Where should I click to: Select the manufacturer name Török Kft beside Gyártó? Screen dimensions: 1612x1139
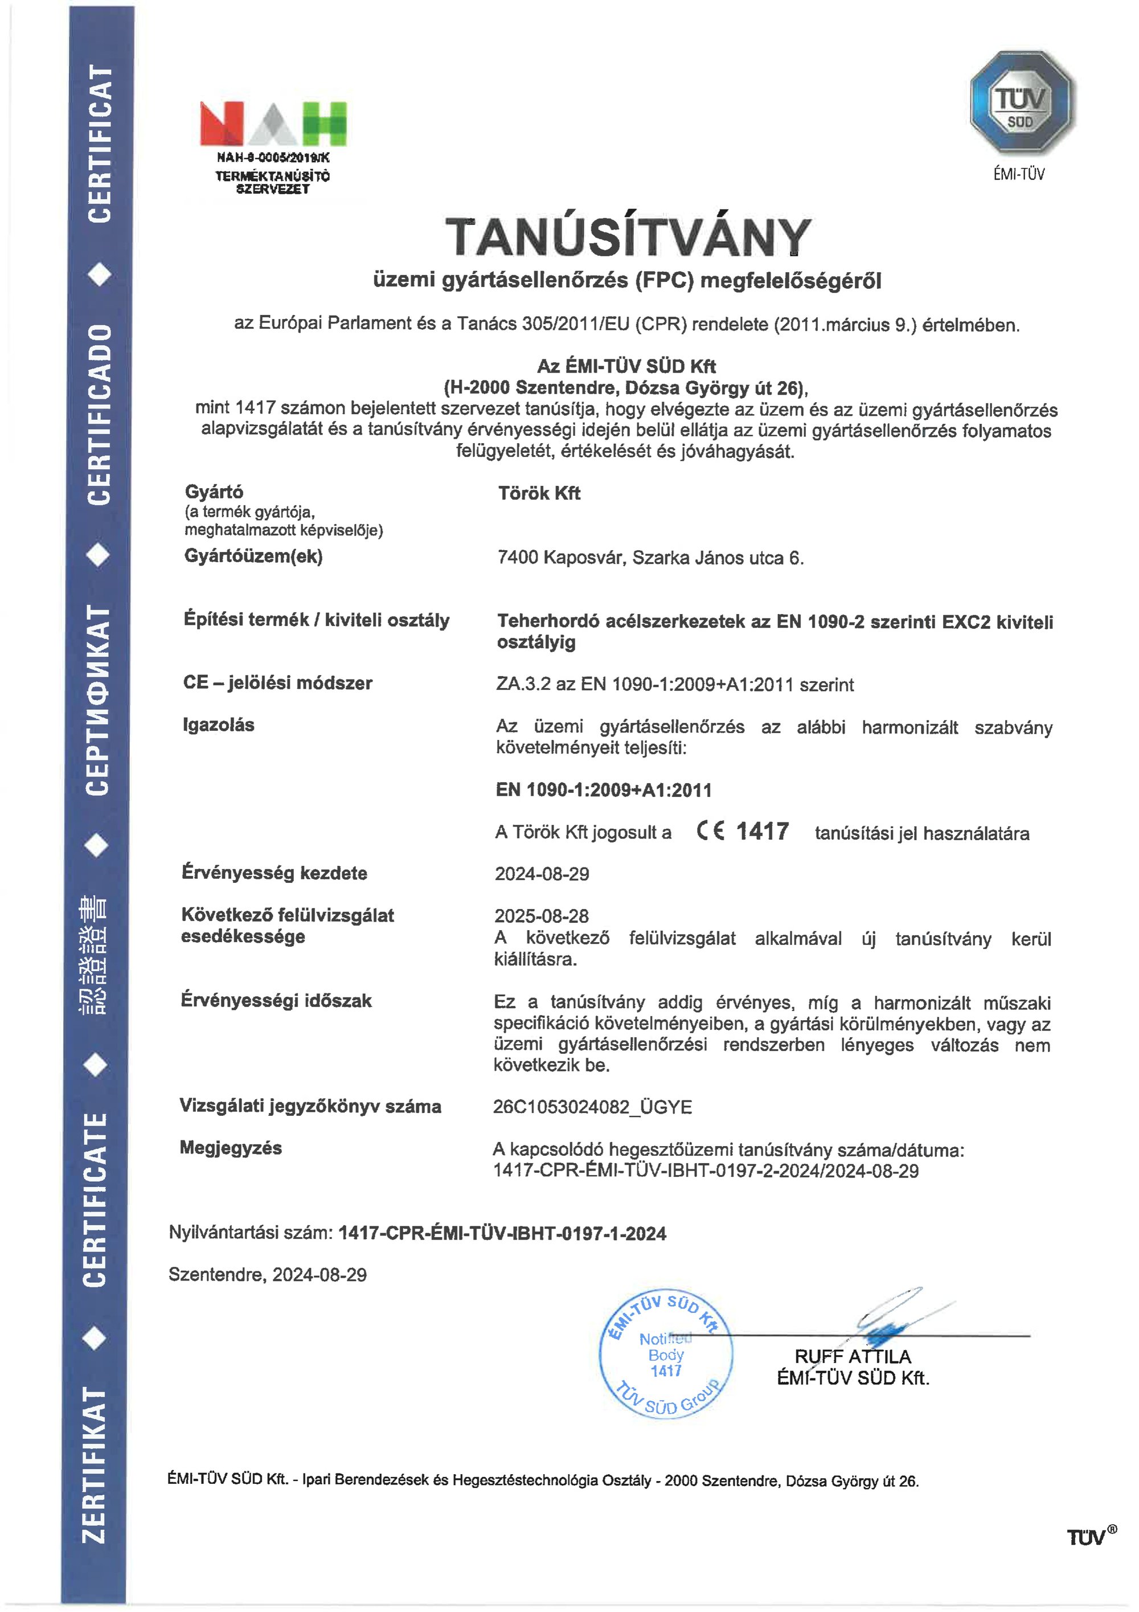(539, 494)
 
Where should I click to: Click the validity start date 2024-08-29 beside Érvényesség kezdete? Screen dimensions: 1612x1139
(542, 874)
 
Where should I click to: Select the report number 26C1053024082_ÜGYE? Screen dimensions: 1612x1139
(592, 1107)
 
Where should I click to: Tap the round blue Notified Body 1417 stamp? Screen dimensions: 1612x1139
(666, 1355)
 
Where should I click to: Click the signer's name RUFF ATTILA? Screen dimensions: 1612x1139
(853, 1356)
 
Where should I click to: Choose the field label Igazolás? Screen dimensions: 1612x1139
(218, 725)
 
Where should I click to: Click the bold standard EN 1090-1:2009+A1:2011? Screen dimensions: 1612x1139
(604, 790)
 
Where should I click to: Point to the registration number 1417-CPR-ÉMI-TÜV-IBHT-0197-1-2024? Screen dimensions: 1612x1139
(502, 1234)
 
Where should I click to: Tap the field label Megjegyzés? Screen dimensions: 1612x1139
(231, 1148)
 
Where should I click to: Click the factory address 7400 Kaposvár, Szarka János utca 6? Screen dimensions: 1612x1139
(650, 558)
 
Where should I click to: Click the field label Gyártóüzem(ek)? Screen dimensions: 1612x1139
(253, 556)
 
